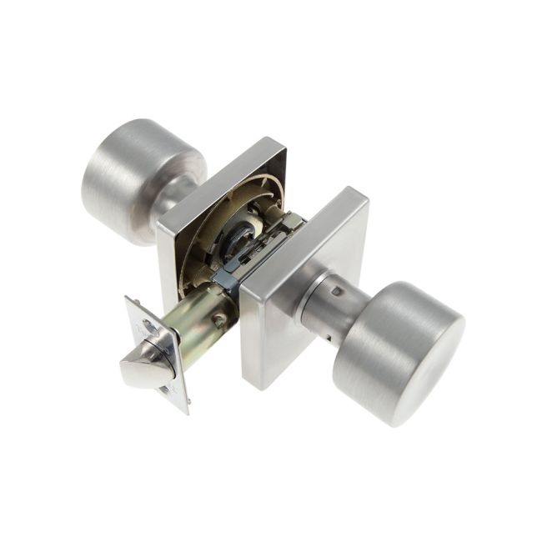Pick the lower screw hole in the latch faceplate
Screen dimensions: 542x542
169,390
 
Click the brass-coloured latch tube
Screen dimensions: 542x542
200,321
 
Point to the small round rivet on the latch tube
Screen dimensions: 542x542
218,319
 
